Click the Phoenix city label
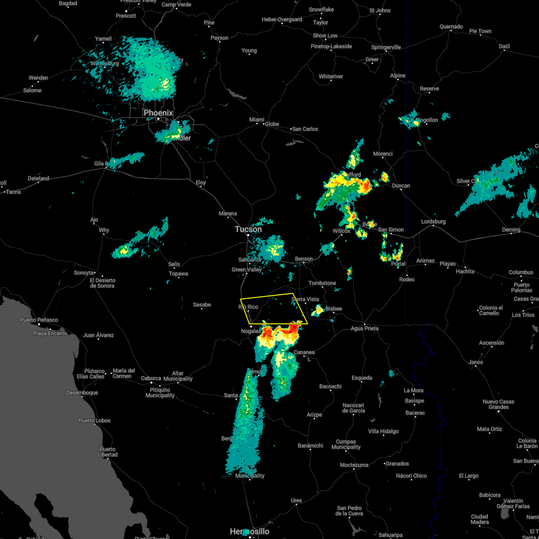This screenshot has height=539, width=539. [158, 113]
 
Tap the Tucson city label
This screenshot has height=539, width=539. [248, 229]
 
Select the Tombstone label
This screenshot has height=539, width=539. [322, 283]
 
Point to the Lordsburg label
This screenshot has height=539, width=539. [433, 221]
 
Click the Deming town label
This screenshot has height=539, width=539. [511, 230]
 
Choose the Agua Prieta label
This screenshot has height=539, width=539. [364, 328]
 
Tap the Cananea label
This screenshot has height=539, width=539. [304, 352]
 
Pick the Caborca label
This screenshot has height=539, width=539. [151, 378]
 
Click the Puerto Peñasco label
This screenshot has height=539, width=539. [39, 320]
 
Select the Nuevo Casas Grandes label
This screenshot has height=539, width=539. [499, 404]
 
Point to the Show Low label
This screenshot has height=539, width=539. [325, 35]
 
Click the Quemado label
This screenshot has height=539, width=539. [451, 27]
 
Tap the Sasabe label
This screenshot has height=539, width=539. [202, 305]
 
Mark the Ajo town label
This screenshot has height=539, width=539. [94, 220]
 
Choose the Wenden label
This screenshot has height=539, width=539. [38, 78]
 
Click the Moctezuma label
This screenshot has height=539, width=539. [354, 465]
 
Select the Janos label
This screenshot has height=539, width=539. [475, 362]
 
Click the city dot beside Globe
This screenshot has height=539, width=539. [264, 124]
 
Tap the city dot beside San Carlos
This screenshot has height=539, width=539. [291, 129]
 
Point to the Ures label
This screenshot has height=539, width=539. [296, 500]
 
